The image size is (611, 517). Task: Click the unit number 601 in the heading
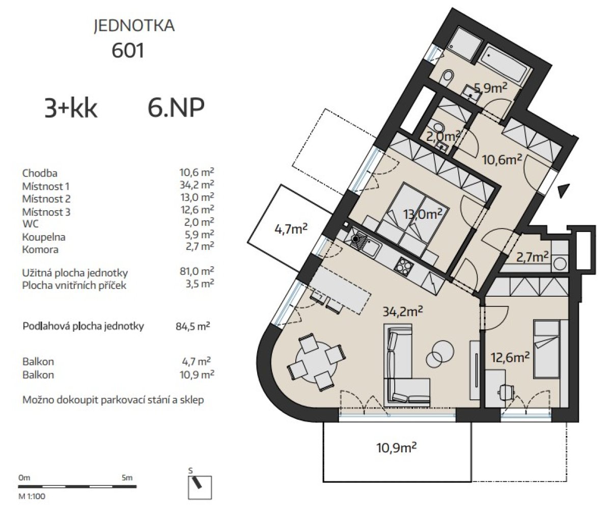pos(128,50)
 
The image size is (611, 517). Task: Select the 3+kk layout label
pos(71,108)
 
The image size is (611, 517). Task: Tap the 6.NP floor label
pos(176,108)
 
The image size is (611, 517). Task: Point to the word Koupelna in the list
pos(44,237)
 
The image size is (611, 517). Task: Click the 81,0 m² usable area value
pos(197,271)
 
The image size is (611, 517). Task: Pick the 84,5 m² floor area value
pos(193,326)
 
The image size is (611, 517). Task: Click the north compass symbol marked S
pos(200,487)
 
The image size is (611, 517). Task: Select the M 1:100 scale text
pos(32,496)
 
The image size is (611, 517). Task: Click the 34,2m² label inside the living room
pos(403,311)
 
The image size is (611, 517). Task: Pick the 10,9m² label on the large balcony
pos(397,448)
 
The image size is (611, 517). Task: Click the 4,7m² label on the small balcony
pos(291,229)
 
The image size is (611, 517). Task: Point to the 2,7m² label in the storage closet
pos(533,257)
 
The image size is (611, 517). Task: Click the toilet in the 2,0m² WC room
pos(439,128)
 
